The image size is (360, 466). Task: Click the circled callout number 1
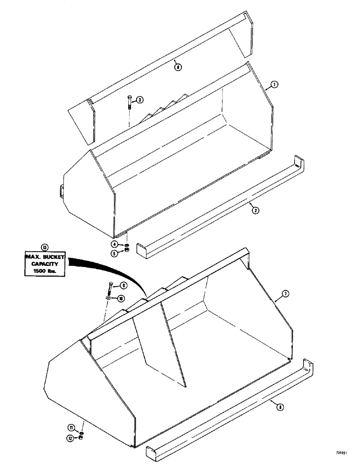(275, 85)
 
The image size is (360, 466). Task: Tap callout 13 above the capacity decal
(44, 247)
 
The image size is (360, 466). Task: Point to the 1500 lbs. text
(44, 270)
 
